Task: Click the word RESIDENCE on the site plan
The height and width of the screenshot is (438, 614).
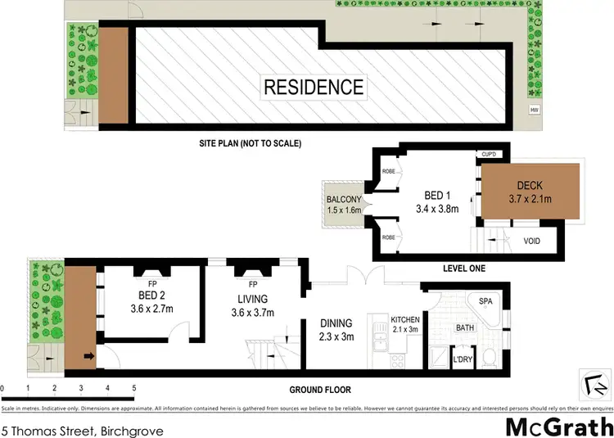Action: coord(313,87)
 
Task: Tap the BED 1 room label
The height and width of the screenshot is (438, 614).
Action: coord(434,195)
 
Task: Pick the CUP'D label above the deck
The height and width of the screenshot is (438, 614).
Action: coord(490,155)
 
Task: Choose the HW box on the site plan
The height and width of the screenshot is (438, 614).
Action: coord(535,110)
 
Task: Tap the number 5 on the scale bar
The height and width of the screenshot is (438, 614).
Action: coord(133,386)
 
